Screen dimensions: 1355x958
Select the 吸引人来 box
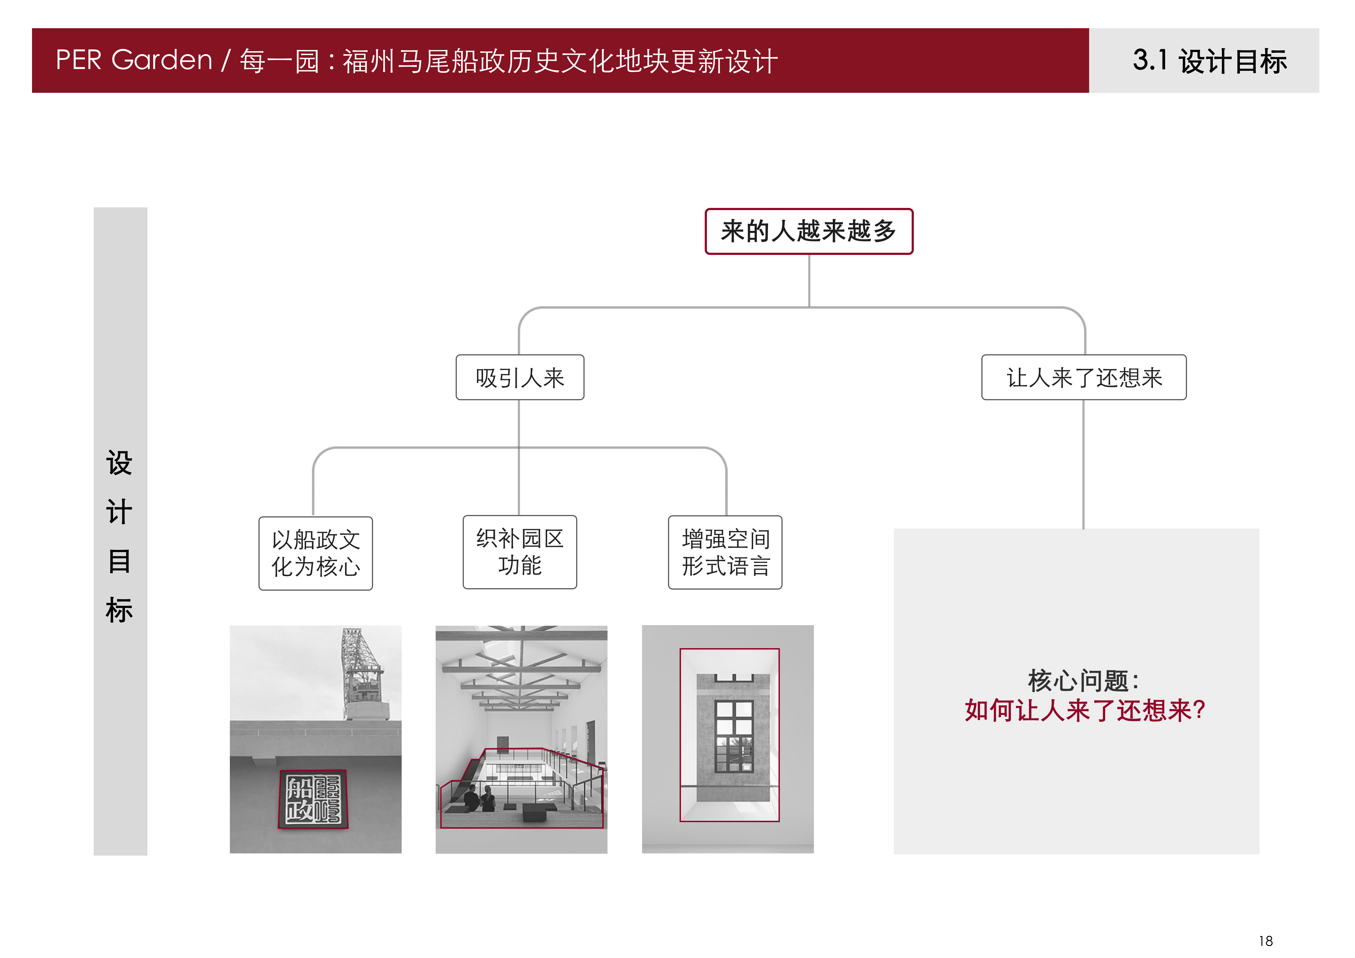[520, 377]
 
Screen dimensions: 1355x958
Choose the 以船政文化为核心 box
[316, 553]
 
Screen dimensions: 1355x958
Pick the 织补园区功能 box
[520, 552]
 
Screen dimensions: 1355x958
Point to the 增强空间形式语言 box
[725, 552]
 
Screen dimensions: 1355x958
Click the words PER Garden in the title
[134, 60]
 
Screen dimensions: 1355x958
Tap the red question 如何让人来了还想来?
[1085, 710]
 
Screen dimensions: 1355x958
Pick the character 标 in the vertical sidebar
[119, 610]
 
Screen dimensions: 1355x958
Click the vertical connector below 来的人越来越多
[809, 281]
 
